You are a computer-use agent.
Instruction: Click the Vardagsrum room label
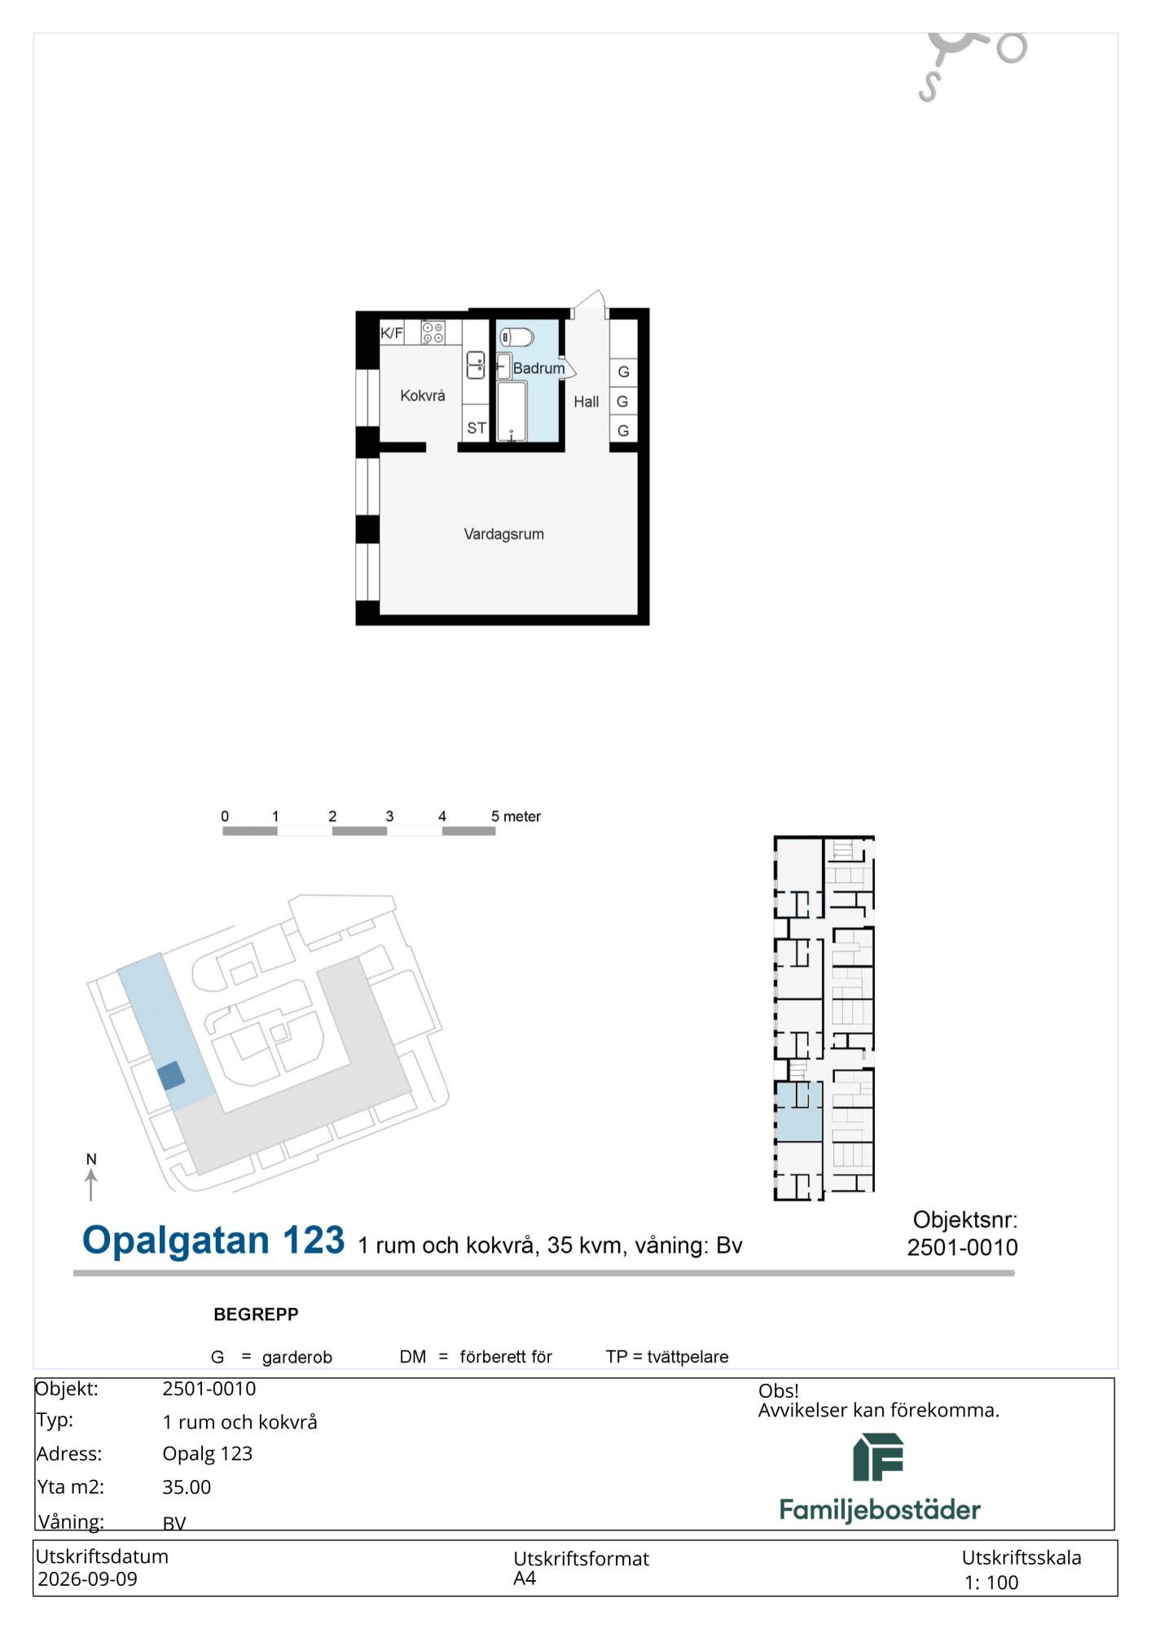[503, 534]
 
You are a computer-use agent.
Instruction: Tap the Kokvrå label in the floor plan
[423, 396]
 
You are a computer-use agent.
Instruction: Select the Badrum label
[538, 368]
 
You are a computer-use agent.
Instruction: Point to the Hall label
[586, 402]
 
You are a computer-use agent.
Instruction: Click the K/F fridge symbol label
[392, 332]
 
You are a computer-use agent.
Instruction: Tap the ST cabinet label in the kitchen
[477, 428]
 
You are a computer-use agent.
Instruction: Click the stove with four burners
[433, 332]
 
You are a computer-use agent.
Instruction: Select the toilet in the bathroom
[516, 336]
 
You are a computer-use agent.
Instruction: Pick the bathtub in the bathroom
[512, 411]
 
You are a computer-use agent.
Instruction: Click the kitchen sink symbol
[475, 365]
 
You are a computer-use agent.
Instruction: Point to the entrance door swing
[590, 303]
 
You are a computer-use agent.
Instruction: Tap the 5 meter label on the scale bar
[516, 816]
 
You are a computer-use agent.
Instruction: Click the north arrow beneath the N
[91, 1185]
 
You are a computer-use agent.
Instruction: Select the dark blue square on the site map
[171, 1076]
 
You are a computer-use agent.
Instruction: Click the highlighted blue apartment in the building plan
[798, 1112]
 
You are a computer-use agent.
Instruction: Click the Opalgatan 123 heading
[213, 1240]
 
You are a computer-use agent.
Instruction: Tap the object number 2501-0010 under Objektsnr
[963, 1247]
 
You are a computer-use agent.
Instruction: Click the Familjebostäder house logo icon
[878, 1457]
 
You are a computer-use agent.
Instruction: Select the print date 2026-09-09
[87, 1579]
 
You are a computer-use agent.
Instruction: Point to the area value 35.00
[187, 1486]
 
